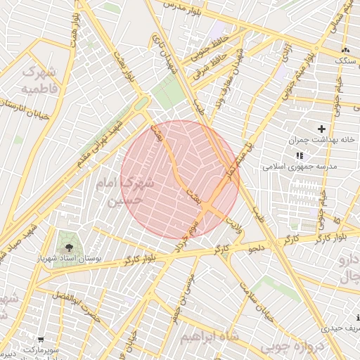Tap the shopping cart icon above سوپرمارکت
[40, 340]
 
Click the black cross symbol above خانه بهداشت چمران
[321, 129]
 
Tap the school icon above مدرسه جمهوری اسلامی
[300, 155]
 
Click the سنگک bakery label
[345, 61]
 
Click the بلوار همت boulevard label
[74, 29]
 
